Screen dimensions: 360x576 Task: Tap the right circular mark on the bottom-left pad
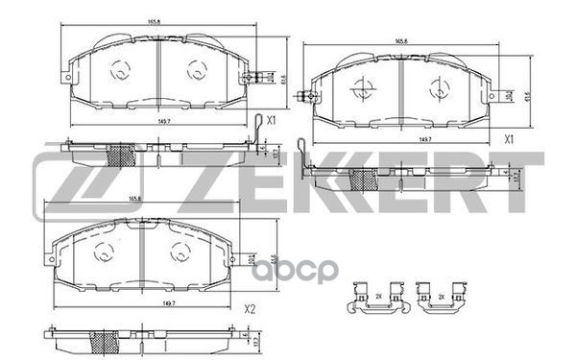point(177,253)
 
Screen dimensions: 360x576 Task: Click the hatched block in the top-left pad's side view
point(121,156)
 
